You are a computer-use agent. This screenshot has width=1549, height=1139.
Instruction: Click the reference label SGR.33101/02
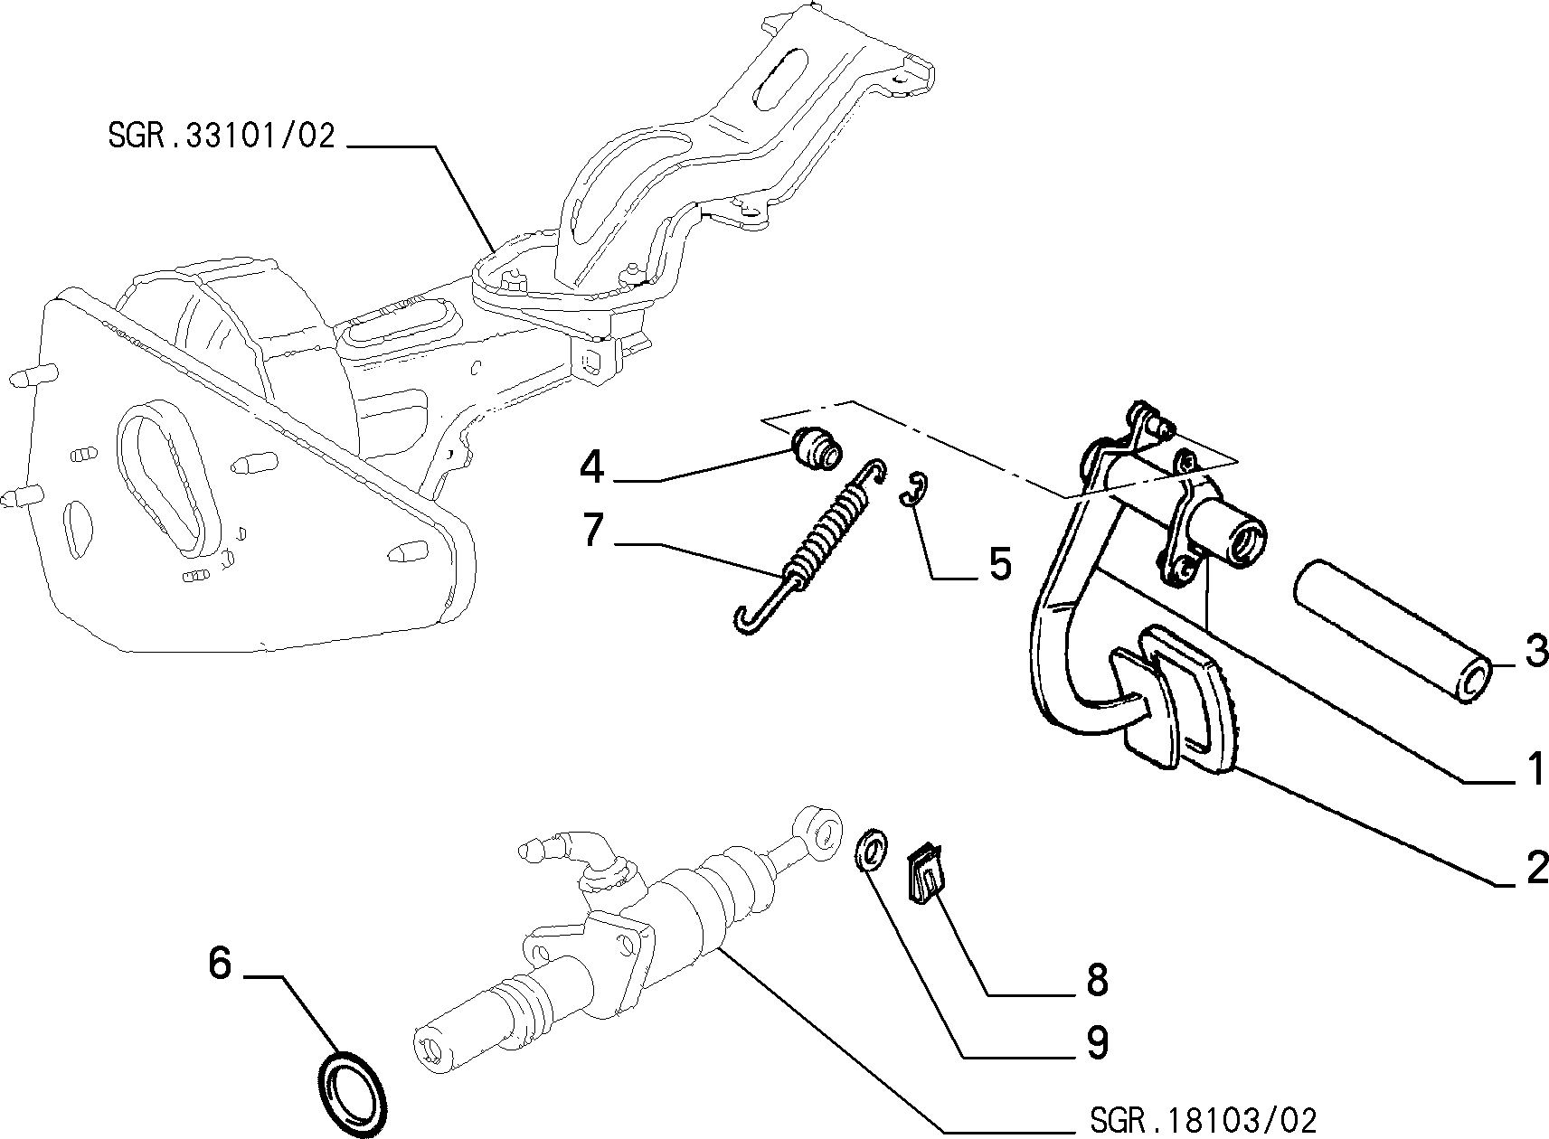222,136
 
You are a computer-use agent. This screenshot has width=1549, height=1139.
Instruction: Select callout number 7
593,530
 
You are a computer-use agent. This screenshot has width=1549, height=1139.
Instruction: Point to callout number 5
1001,563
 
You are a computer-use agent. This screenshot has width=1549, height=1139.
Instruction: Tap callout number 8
1097,979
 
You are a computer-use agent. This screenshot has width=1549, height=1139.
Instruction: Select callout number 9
1097,1042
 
